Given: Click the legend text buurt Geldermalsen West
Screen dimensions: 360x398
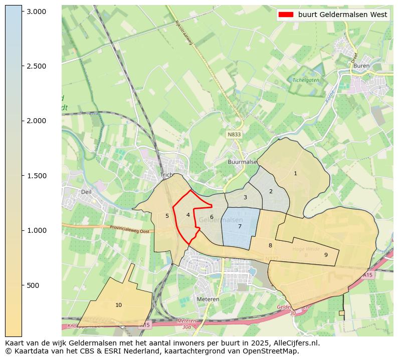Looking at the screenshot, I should [342, 15].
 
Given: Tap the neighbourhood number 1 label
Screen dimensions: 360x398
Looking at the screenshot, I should [295, 173].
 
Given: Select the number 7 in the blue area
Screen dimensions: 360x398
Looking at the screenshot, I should [240, 226].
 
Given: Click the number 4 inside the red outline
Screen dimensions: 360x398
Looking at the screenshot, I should [188, 215].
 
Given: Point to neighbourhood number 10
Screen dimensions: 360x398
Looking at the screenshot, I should [118, 305].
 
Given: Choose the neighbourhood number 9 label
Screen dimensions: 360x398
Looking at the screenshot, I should [326, 255].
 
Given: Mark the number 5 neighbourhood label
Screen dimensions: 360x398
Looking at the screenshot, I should [167, 216].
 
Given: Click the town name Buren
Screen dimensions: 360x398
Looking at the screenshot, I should [361, 66].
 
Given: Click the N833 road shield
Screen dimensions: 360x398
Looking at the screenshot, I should [234, 135].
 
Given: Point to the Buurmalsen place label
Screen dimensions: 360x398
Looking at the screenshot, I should [242, 162].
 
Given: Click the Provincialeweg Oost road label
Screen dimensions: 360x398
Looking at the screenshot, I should [130, 228].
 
